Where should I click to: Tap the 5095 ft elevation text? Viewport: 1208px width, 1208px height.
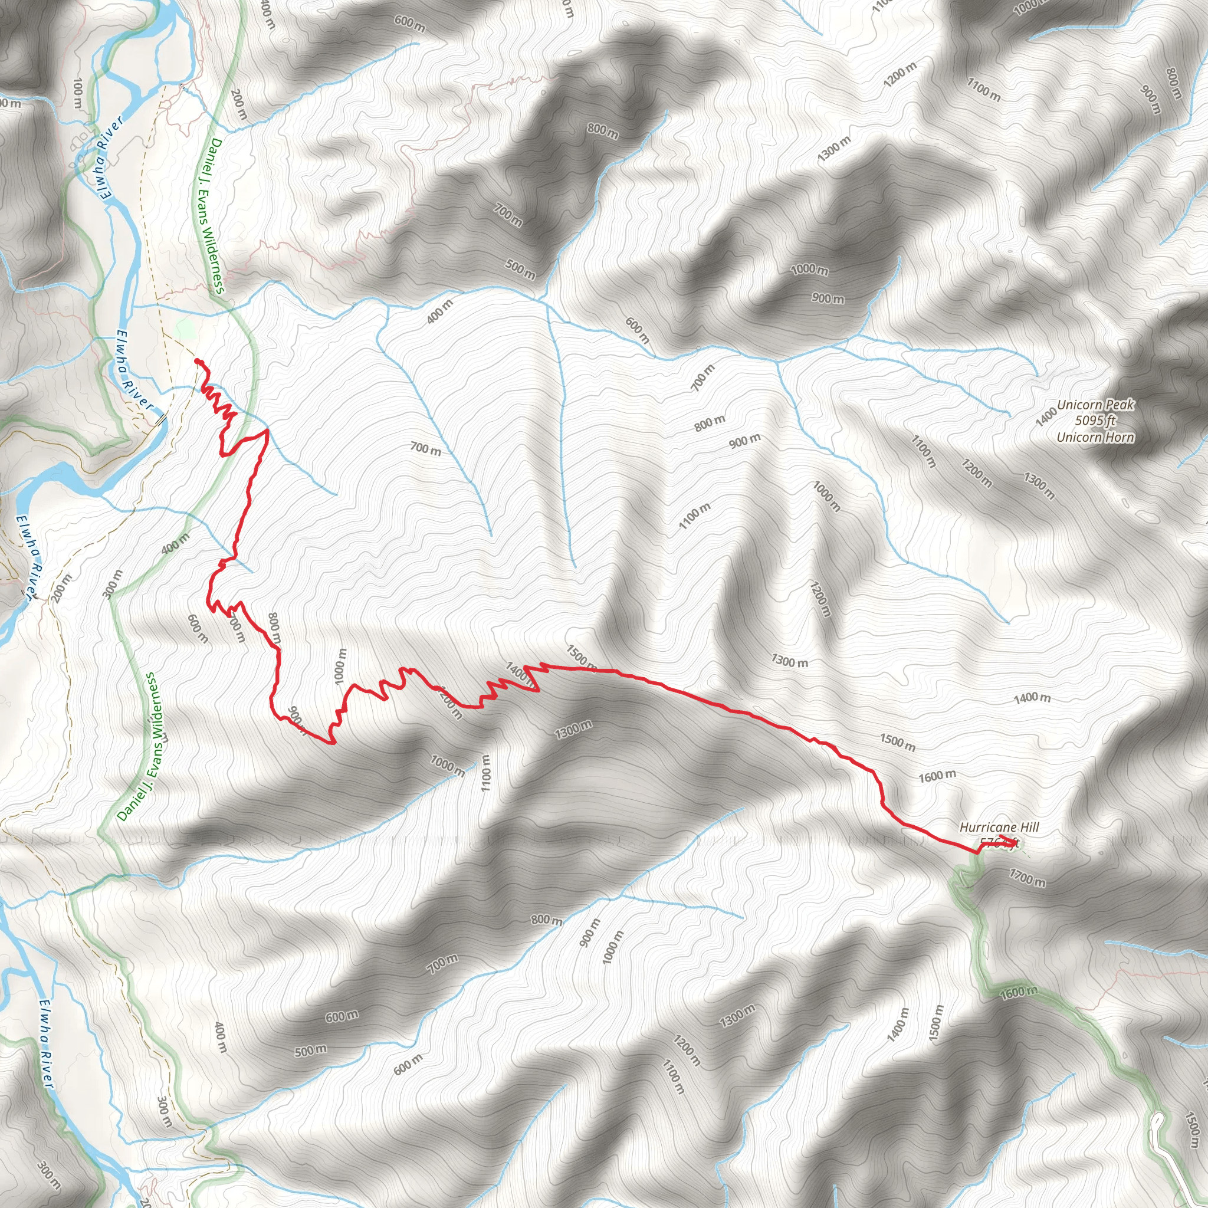point(1095,421)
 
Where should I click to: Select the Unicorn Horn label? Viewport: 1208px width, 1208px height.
point(1095,437)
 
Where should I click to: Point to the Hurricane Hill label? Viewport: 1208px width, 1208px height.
point(999,828)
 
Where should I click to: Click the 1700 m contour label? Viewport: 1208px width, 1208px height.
point(1027,879)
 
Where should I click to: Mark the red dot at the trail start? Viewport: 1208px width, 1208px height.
point(198,362)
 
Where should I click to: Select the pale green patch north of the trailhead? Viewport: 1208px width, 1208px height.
point(185,327)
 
